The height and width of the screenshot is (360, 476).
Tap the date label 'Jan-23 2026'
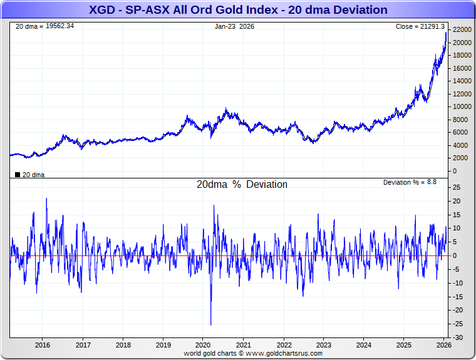tap(234, 26)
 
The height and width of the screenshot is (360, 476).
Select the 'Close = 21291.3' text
tap(420, 26)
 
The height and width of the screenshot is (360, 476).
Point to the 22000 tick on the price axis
tap(462, 30)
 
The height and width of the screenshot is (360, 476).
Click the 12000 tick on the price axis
tap(462, 94)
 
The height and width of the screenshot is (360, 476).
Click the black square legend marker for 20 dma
tap(17, 175)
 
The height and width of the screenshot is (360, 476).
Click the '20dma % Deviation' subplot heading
tap(242, 185)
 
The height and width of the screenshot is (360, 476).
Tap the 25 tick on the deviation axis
tap(457, 188)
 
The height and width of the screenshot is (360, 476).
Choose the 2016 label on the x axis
tap(43, 345)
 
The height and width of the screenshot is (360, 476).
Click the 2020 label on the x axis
tap(204, 345)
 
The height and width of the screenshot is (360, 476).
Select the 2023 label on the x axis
tap(324, 345)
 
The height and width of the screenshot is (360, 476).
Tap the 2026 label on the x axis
tap(444, 345)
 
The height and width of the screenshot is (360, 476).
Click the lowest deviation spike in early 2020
tap(210, 324)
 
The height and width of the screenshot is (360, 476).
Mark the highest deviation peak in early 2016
tap(46, 199)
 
